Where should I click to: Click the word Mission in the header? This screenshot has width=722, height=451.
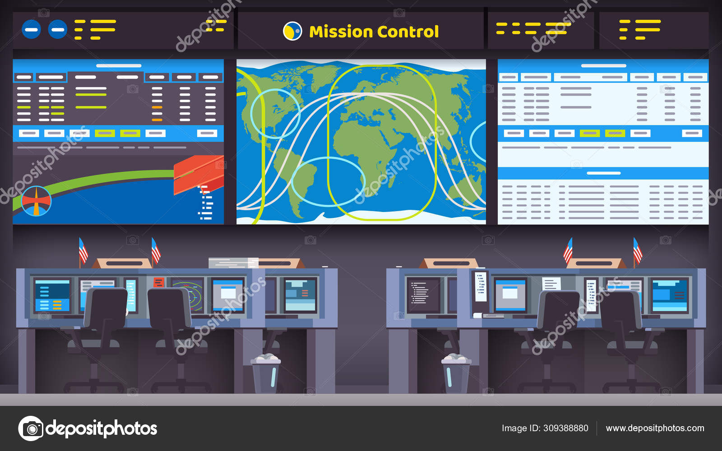(341, 32)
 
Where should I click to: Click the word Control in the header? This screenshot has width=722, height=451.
(408, 32)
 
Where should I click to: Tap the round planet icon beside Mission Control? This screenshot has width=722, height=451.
(292, 31)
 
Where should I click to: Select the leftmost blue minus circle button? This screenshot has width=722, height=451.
(31, 30)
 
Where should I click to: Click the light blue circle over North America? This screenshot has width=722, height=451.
(275, 113)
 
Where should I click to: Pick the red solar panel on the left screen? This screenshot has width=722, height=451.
(199, 174)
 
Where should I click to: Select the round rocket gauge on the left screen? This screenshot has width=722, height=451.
(37, 201)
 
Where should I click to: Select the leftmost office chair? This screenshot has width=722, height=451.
(105, 316)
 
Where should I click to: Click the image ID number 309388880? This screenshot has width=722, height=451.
(565, 428)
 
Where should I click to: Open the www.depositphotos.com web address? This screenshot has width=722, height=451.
(655, 428)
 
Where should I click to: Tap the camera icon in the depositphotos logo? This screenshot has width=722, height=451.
(31, 428)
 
